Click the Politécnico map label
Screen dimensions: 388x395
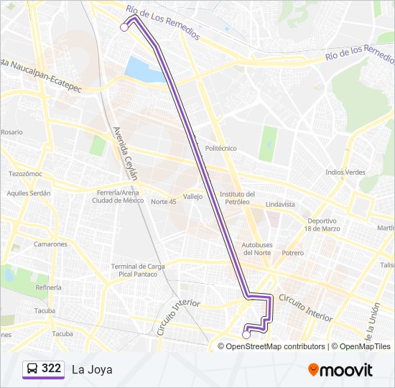coord(220,148)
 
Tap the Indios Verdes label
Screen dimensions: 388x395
coord(345,172)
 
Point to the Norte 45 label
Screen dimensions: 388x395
coord(163,201)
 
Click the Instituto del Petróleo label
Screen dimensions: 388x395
coord(237,198)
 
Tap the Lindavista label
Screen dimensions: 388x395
coord(280,204)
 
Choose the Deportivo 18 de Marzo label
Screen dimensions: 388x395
coord(320,224)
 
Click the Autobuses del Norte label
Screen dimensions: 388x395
coord(256,249)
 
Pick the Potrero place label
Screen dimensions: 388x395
coord(292,253)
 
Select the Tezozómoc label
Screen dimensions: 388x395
coord(26,174)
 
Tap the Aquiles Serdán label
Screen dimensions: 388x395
coord(29,193)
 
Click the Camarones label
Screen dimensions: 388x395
coord(50,244)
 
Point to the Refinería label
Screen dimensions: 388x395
coord(48,287)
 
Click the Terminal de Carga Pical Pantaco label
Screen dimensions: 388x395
coord(138,270)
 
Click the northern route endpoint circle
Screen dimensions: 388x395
coord(124,27)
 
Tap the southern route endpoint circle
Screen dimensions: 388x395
coord(246,334)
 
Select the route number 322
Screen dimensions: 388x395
coord(52,369)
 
